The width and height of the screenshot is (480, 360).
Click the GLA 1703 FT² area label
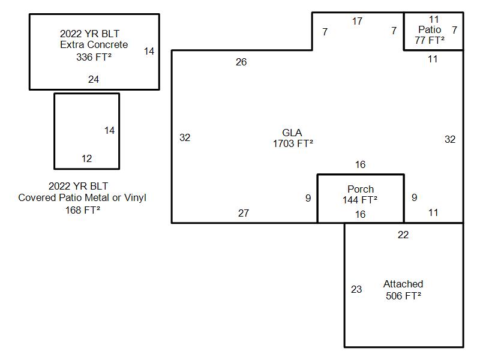293,138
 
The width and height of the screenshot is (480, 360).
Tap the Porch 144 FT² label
360,194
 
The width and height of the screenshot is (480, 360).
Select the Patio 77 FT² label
430,35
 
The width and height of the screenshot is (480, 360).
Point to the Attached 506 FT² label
403,290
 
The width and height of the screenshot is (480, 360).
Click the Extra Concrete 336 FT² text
94,51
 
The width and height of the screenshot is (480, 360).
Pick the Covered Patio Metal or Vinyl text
82,198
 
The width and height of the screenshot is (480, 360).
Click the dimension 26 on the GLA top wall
241,62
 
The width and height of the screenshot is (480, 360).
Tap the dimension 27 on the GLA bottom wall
244,213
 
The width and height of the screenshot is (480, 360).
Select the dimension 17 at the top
357,21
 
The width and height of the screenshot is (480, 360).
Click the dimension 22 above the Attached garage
403,235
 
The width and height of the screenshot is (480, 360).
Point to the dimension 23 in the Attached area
356,289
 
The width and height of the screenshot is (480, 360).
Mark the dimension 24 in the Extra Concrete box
94,80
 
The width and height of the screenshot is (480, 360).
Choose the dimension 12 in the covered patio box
86,158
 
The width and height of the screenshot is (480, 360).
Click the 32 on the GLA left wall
185,138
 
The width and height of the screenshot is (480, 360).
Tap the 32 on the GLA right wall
450,140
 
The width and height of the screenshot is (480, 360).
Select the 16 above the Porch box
361,164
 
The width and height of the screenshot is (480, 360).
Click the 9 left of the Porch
308,199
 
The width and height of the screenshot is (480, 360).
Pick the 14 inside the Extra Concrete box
149,51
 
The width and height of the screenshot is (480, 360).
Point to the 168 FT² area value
83,210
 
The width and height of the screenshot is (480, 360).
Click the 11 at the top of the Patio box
434,19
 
